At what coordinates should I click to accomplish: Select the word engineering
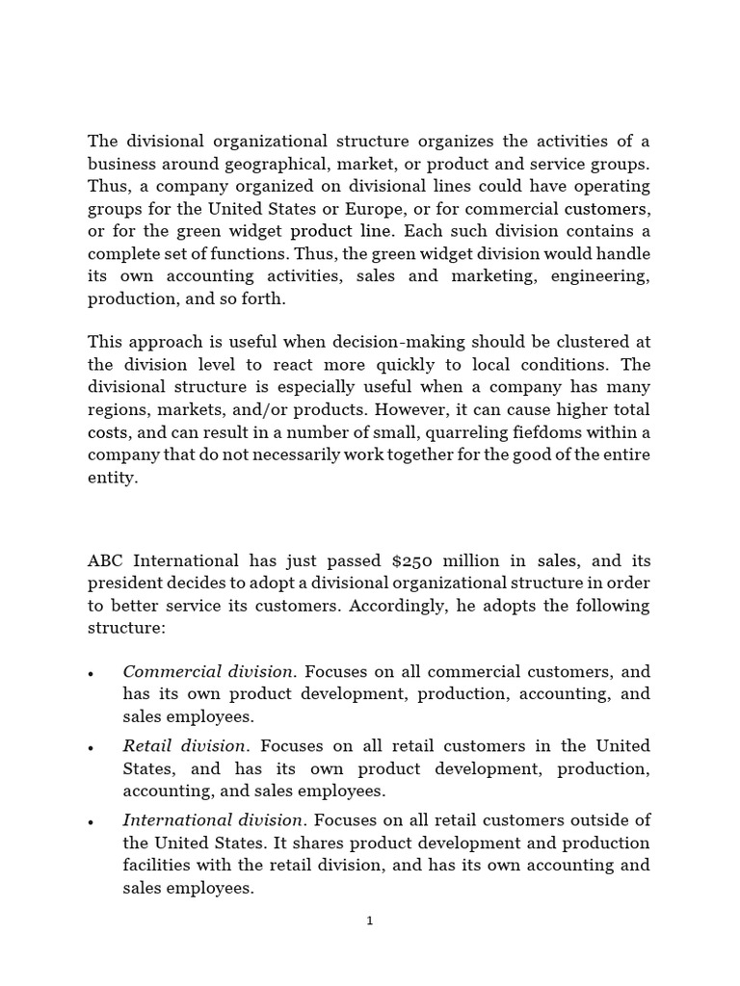pos(601,276)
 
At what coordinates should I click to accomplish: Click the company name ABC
pos(106,560)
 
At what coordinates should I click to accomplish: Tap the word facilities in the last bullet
pos(157,866)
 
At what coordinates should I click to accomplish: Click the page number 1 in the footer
pos(369,921)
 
